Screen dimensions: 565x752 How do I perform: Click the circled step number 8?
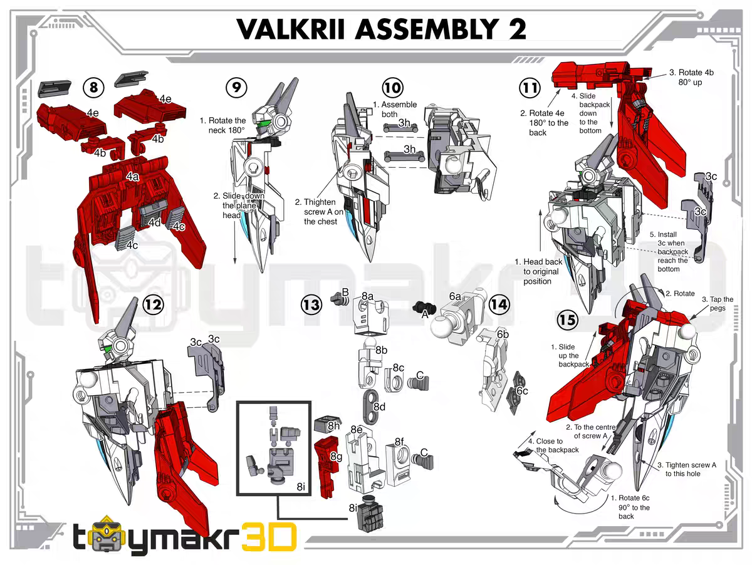93,87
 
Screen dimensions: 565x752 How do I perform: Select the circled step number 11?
531,87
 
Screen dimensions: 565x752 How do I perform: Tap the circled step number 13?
311,305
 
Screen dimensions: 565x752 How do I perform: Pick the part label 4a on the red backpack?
132,177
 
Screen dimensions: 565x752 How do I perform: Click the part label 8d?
379,407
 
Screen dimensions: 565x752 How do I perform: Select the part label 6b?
503,334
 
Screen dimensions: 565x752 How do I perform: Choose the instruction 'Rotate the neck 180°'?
223,125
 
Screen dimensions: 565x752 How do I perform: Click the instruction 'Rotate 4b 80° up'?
691,77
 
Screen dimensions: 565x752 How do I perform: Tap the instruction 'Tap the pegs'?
717,304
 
